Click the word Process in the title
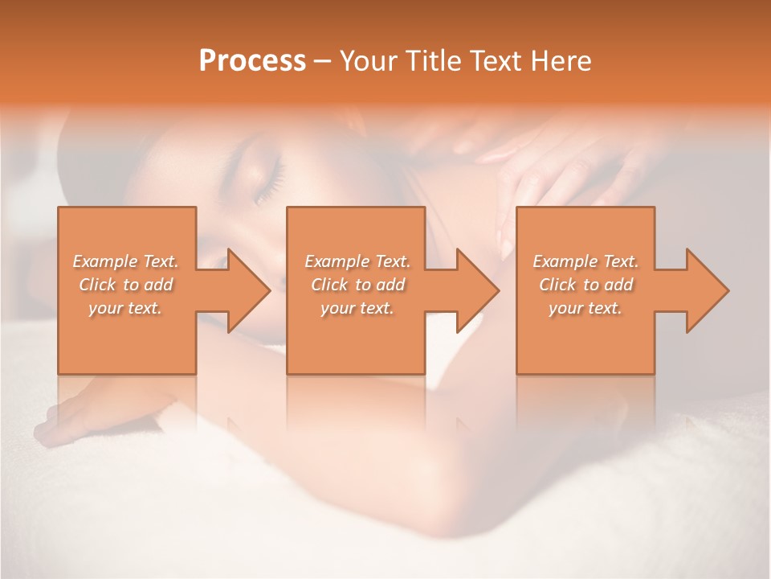(x=252, y=61)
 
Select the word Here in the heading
(x=561, y=61)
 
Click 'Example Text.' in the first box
(x=125, y=261)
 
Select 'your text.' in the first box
(x=125, y=308)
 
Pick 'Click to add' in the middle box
(x=357, y=285)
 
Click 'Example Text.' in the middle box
(x=357, y=261)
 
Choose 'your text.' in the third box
(x=585, y=308)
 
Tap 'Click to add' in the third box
(x=585, y=285)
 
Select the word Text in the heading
(x=495, y=61)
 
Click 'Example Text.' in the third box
(x=585, y=261)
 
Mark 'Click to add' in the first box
(x=125, y=285)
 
